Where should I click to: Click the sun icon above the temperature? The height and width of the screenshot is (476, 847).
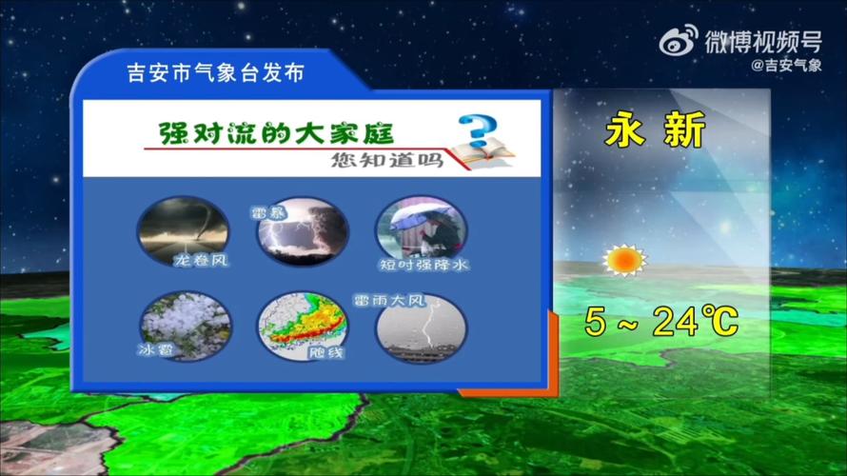click(624, 259)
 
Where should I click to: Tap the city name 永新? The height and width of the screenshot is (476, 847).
click(656, 130)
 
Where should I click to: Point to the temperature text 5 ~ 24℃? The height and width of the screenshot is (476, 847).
click(661, 323)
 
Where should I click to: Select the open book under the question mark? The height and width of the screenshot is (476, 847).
click(483, 152)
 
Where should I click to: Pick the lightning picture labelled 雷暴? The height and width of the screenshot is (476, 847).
click(304, 232)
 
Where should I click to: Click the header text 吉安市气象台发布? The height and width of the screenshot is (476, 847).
click(215, 73)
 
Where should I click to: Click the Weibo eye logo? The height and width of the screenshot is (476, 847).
click(679, 41)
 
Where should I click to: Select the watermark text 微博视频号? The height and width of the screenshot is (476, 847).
click(762, 41)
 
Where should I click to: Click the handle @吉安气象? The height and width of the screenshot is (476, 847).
click(786, 65)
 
